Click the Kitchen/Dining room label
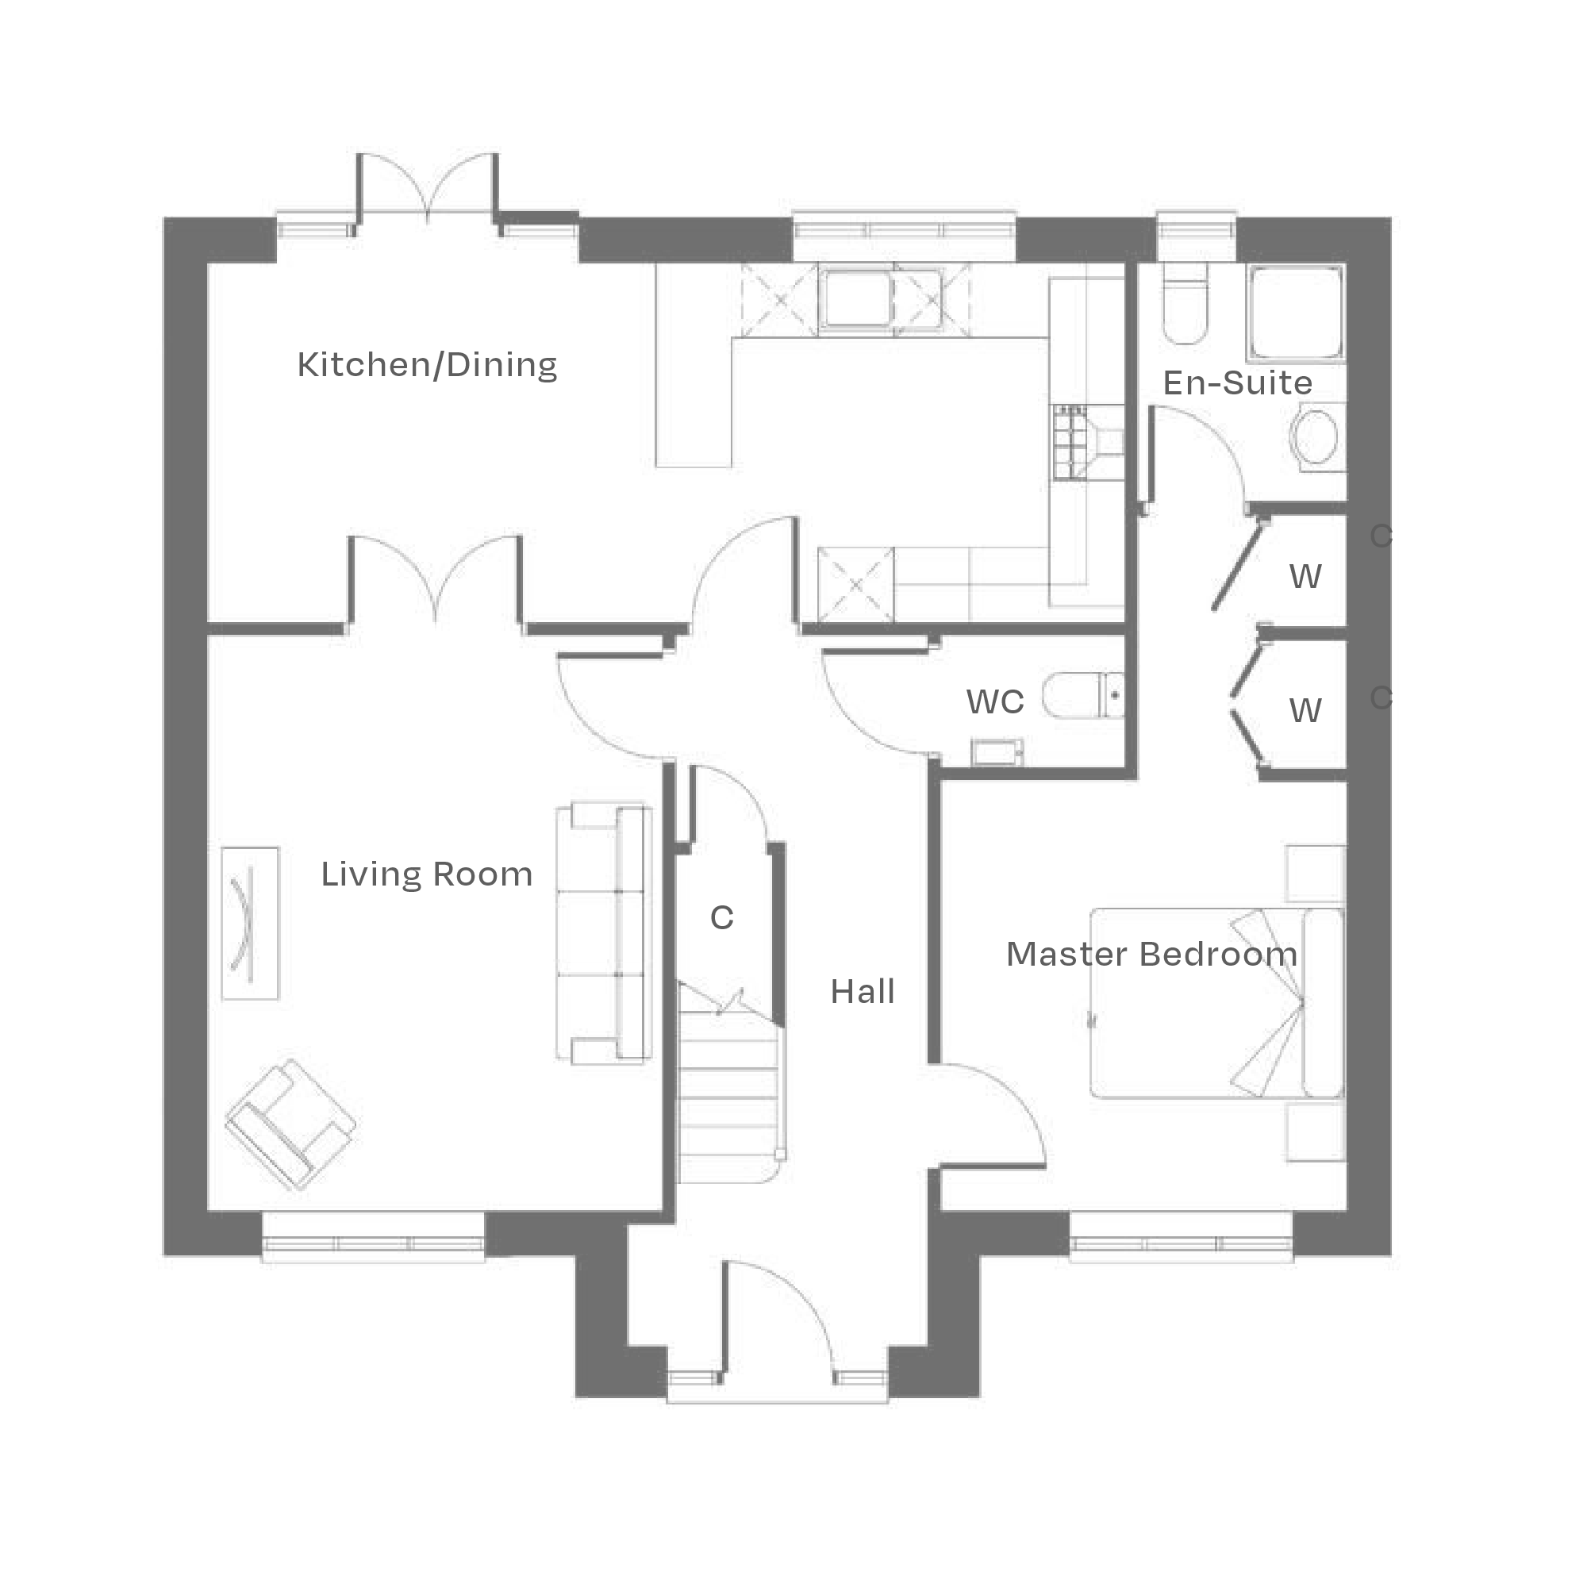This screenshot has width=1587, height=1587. pyautogui.click(x=427, y=366)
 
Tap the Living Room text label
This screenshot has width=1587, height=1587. pyautogui.click(x=426, y=874)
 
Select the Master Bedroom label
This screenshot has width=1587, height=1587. pyautogui.click(x=1151, y=955)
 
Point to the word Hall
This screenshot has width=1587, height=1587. pyautogui.click(x=862, y=993)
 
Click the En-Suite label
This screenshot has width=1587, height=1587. pyautogui.click(x=1237, y=383)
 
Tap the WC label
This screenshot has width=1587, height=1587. pyautogui.click(x=995, y=702)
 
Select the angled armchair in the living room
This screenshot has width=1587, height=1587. pyautogui.click(x=289, y=1124)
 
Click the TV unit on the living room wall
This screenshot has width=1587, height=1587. pyautogui.click(x=251, y=924)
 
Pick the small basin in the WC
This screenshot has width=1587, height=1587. pyautogui.click(x=997, y=751)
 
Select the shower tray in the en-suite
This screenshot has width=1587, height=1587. pyautogui.click(x=1296, y=313)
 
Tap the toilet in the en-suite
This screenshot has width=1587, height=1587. pyautogui.click(x=1184, y=308)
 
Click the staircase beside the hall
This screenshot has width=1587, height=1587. pyautogui.click(x=727, y=1093)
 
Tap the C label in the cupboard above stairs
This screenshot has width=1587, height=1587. pyautogui.click(x=721, y=918)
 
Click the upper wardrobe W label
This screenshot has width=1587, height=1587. pyautogui.click(x=1305, y=578)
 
